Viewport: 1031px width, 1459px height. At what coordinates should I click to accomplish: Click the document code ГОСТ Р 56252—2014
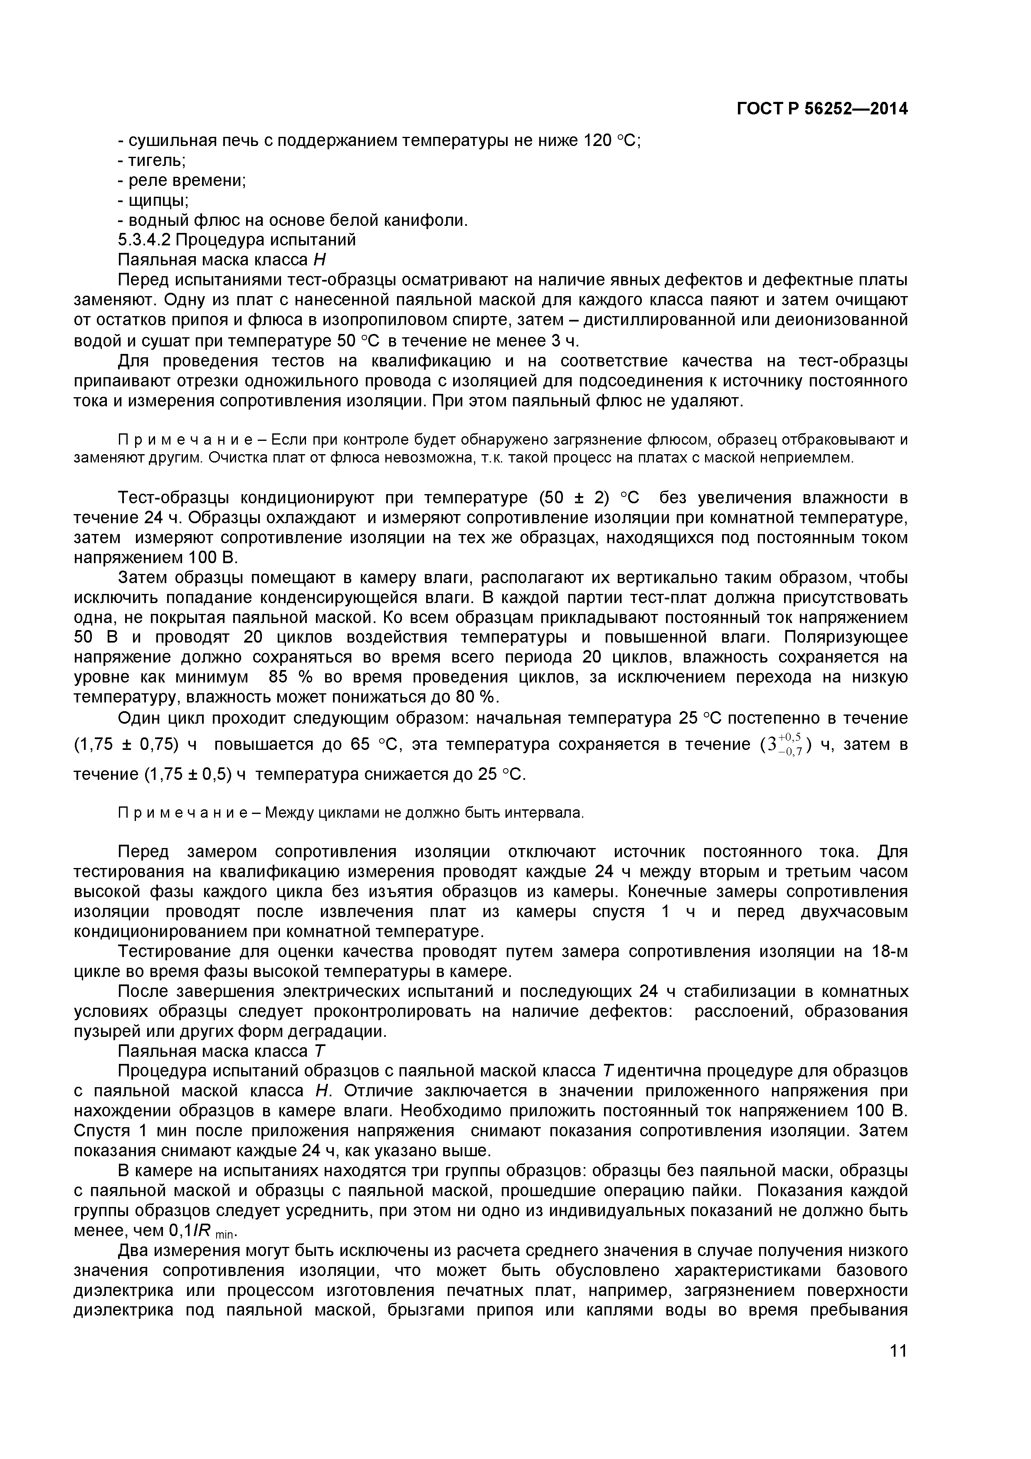822,109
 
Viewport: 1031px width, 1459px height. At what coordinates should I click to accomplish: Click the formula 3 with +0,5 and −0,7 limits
786,744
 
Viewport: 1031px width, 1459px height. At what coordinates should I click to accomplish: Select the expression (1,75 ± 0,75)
127,744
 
